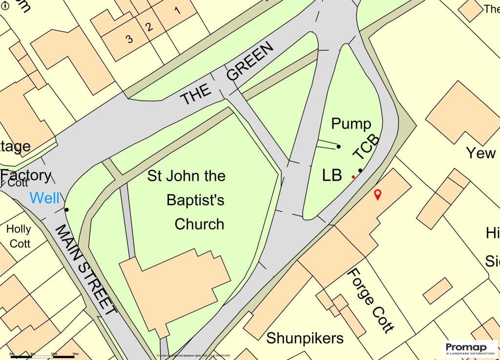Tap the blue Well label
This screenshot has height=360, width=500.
coord(44,198)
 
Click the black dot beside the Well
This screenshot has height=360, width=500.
coord(66,210)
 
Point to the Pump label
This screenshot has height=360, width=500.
coord(351,124)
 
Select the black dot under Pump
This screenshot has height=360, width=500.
coord(339,147)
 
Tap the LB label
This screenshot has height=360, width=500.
coord(332,176)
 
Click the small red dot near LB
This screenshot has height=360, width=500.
coord(353,177)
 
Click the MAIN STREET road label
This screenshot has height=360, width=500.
coord(85,269)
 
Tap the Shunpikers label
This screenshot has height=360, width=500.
coord(305,338)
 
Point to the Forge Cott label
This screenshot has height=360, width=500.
coord(370,300)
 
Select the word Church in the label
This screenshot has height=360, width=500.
coord(199,224)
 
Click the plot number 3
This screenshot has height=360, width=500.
coord(129,40)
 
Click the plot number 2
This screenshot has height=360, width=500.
coord(150,27)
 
